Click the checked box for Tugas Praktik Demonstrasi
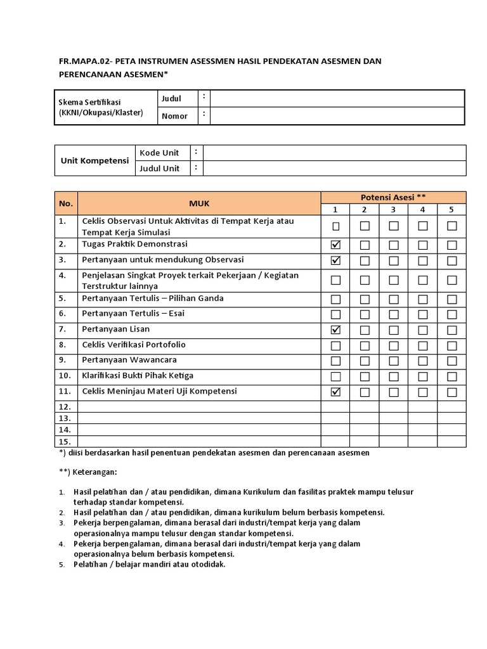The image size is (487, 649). click(335, 245)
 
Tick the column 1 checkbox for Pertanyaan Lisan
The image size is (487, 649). click(335, 330)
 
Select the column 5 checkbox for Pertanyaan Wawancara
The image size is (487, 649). click(451, 361)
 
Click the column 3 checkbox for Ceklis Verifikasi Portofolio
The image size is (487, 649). click(394, 345)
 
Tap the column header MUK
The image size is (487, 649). click(198, 203)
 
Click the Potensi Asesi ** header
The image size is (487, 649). click(393, 197)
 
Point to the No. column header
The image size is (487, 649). click(66, 203)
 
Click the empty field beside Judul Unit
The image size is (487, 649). click(334, 169)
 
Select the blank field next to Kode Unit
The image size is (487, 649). click(334, 153)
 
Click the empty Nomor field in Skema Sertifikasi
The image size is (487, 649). click(337, 116)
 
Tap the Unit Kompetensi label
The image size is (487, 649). click(94, 160)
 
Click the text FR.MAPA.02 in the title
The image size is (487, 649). click(82, 61)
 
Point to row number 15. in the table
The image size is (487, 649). click(65, 441)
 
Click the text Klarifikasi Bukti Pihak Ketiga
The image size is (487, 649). click(138, 375)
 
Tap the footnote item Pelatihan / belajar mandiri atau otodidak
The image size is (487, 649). click(149, 564)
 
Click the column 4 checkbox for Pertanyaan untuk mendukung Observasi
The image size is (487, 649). click(422, 260)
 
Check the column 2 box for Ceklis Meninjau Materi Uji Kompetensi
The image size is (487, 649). click(365, 392)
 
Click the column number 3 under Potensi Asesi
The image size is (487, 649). click(393, 210)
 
